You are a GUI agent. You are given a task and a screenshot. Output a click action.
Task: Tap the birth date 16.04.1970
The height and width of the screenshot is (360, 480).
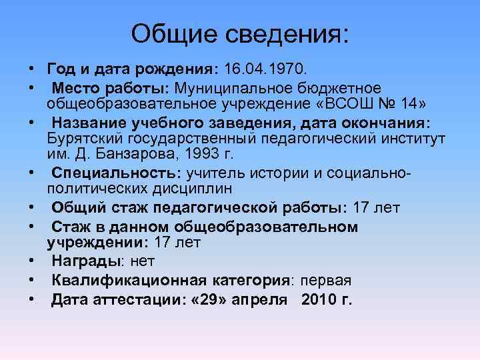(265, 69)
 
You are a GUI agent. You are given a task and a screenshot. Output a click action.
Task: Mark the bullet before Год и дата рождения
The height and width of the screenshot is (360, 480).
(32, 69)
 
